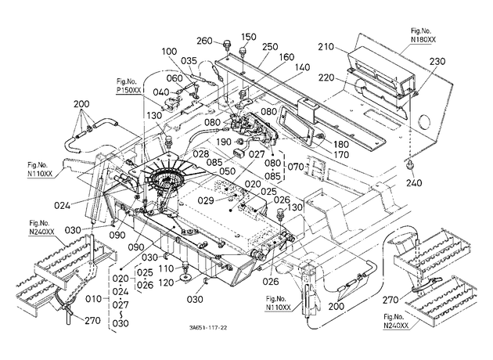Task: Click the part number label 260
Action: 205,41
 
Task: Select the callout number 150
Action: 249,37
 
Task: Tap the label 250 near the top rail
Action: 270,47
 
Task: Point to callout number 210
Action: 326,47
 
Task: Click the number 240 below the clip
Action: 414,182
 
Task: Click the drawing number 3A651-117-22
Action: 208,328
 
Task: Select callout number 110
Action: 167,268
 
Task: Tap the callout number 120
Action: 167,283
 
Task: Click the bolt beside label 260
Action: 226,45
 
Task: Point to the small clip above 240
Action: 410,164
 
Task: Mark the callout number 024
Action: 63,206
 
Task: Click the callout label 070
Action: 295,167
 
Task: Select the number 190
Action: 224,142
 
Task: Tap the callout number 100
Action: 170,51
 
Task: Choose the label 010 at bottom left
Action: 94,299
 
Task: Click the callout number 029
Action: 206,200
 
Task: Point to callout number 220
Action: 326,77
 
